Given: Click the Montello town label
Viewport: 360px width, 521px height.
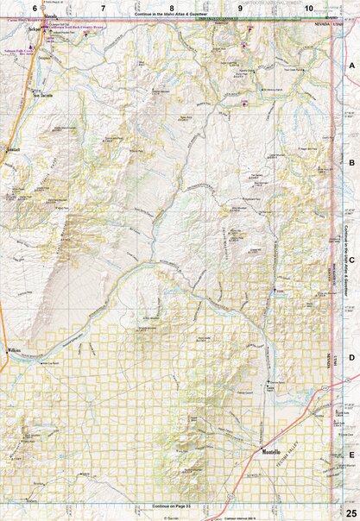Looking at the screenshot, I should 275,451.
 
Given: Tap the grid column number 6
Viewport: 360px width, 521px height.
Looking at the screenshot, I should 35,8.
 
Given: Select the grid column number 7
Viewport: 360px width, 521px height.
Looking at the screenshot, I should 104,8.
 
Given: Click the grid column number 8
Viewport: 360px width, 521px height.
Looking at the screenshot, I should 173,8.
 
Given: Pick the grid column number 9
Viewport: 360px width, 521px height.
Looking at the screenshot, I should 241,8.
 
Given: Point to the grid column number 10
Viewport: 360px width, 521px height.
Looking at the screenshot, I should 308,8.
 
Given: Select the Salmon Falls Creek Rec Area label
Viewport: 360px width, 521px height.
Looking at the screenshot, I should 19,53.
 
